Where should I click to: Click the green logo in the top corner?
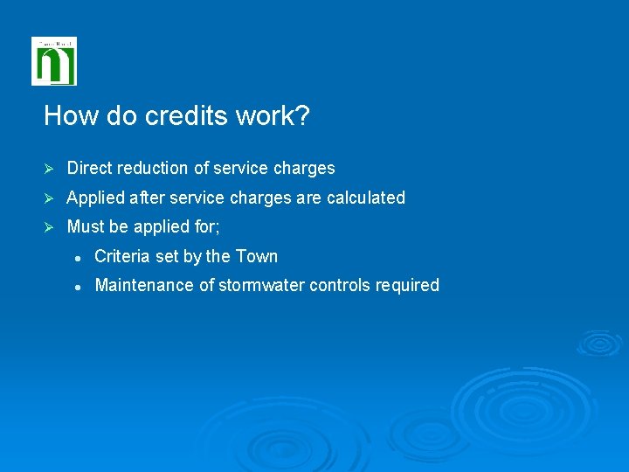click(54, 61)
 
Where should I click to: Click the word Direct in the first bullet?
click(91, 168)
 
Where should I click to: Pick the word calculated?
click(366, 198)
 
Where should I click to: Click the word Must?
click(86, 226)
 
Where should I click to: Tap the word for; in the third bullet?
click(207, 226)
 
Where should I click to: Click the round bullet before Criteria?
click(78, 257)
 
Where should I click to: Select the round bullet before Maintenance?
click(78, 286)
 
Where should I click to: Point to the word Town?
click(258, 256)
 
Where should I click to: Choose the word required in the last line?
click(407, 286)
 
